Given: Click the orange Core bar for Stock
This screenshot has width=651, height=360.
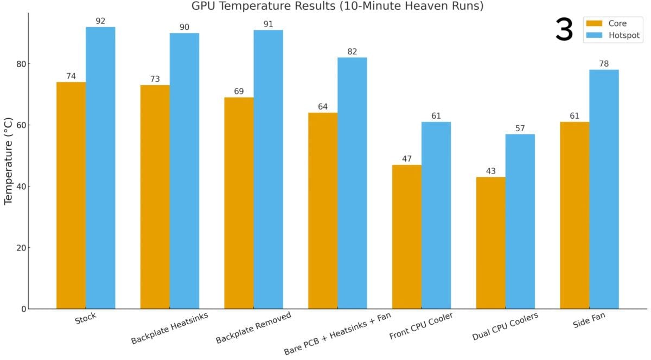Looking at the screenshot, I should click(x=71, y=195).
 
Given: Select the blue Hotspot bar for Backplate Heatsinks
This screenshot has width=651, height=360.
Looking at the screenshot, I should click(x=184, y=171).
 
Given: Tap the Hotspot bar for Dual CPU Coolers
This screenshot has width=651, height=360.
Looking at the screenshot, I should click(x=520, y=221).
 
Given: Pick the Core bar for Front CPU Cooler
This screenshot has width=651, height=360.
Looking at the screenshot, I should click(x=406, y=237).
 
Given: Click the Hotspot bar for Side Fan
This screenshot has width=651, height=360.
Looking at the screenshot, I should click(x=604, y=189).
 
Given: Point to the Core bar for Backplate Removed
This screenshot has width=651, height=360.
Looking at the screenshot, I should click(x=239, y=203).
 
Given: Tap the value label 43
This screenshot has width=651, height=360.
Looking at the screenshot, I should click(x=490, y=171).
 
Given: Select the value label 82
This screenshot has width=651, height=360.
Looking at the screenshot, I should click(x=352, y=52).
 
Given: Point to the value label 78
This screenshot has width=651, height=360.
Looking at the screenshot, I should click(x=604, y=64).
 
